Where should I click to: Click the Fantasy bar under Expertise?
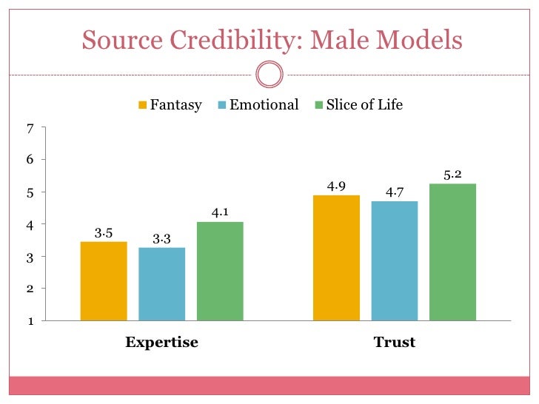(104, 281)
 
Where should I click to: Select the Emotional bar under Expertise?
(161, 284)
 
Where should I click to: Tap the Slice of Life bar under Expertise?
(220, 271)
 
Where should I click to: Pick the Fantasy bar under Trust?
(336, 257)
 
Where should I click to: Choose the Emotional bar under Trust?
(395, 260)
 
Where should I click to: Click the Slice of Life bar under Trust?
(452, 252)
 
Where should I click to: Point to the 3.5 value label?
(104, 233)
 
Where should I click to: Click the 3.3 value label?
(161, 239)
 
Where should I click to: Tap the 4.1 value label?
(220, 213)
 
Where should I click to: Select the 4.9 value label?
(336, 186)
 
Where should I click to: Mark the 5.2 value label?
(452, 175)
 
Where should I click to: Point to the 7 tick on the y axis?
(30, 128)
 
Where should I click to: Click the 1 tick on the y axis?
(30, 320)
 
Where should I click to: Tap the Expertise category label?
(161, 343)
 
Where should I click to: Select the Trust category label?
(395, 343)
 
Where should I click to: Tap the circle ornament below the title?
(269, 74)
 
